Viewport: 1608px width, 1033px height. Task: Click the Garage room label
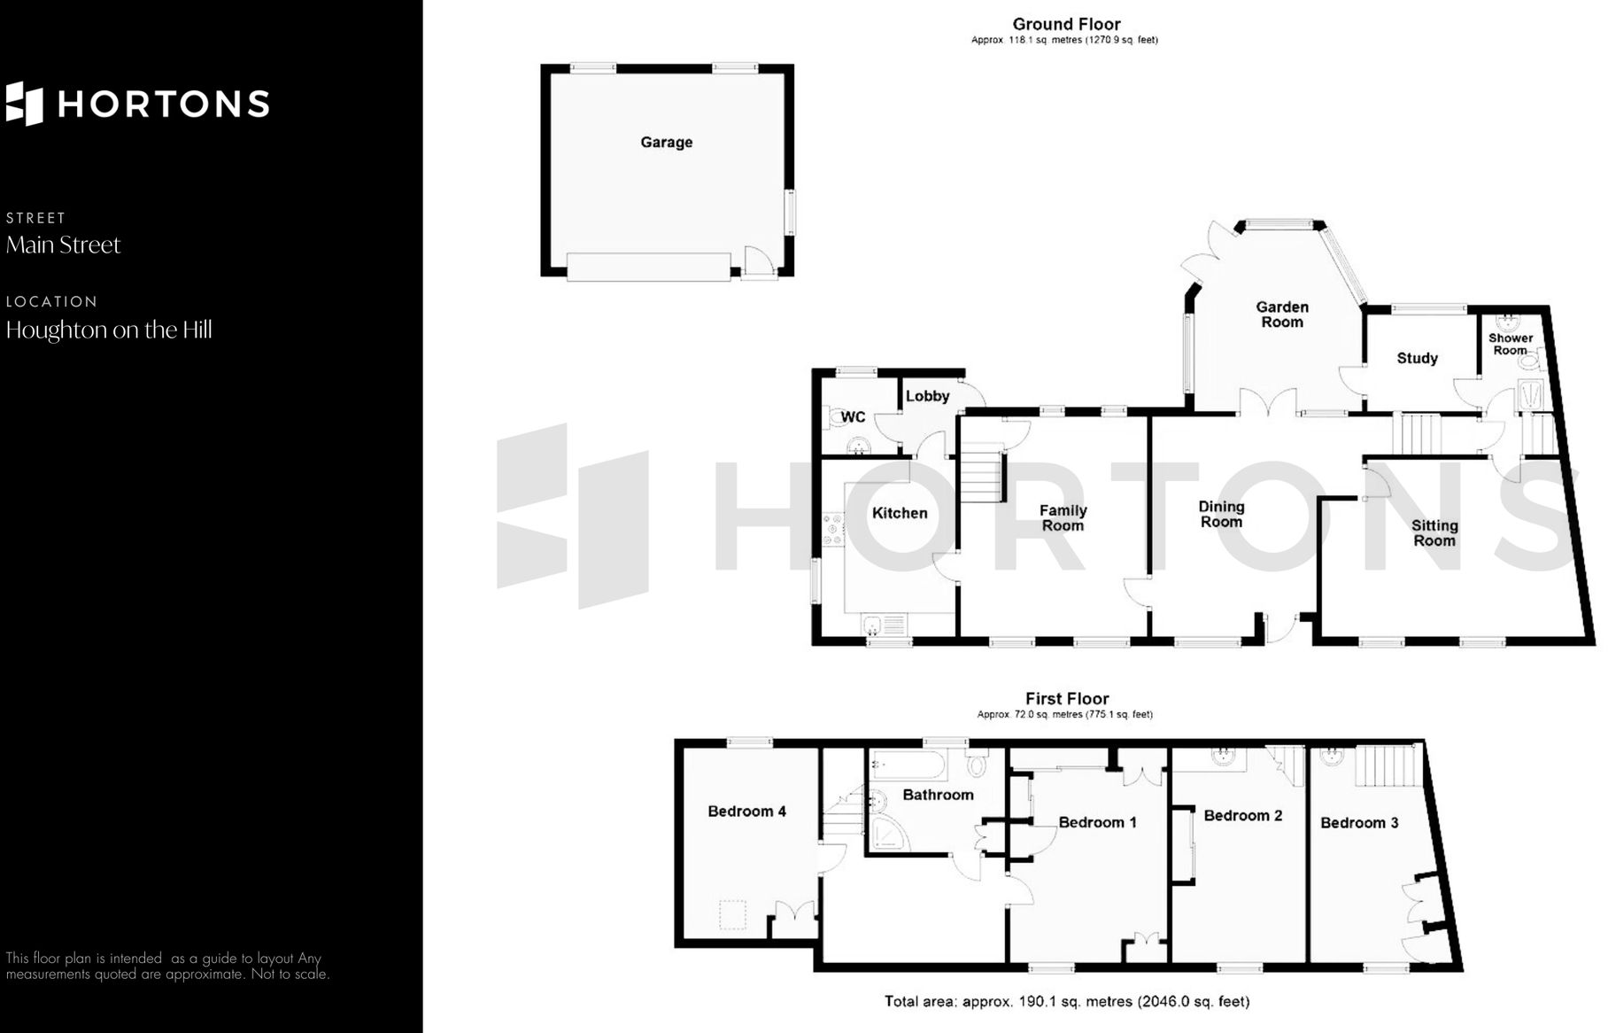point(666,142)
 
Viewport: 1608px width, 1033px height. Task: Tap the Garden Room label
point(1281,315)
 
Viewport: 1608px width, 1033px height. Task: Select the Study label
point(1417,358)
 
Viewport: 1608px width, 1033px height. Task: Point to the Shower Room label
point(1510,344)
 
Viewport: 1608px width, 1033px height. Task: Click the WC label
point(853,416)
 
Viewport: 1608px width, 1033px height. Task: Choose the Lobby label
point(927,396)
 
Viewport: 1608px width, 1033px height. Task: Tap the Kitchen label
point(900,513)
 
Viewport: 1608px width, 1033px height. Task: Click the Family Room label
point(1063,517)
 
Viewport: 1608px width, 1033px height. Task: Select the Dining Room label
point(1221,514)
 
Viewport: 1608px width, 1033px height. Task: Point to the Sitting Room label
point(1434,532)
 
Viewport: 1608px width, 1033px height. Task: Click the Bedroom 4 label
point(746,811)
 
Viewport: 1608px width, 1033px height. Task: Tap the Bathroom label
point(938,795)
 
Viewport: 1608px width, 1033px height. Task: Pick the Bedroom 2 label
point(1242,815)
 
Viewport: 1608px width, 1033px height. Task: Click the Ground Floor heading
point(1066,24)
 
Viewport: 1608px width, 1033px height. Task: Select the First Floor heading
point(1066,698)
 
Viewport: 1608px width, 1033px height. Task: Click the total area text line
point(1066,1001)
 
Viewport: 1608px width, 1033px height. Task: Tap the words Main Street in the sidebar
point(63,245)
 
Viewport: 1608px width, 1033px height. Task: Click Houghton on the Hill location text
point(109,330)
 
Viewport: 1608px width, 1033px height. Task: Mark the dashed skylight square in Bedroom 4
point(733,914)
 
